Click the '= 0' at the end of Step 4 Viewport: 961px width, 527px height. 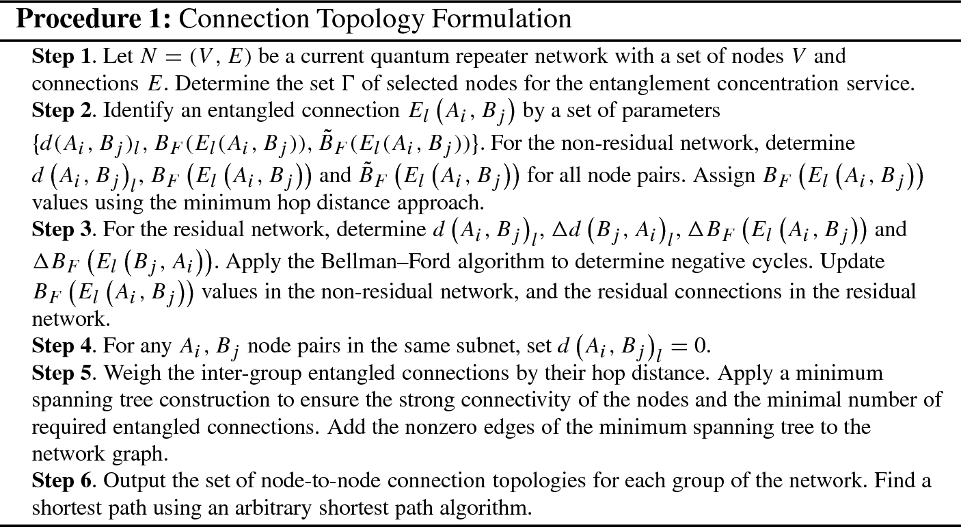pos(689,346)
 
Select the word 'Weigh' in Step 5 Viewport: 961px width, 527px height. pos(131,373)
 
